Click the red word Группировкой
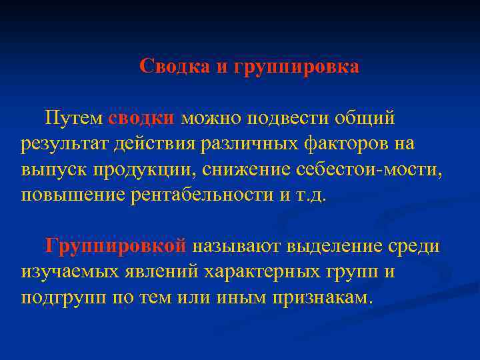click(x=116, y=247)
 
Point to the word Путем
click(x=73, y=118)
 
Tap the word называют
click(x=237, y=247)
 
